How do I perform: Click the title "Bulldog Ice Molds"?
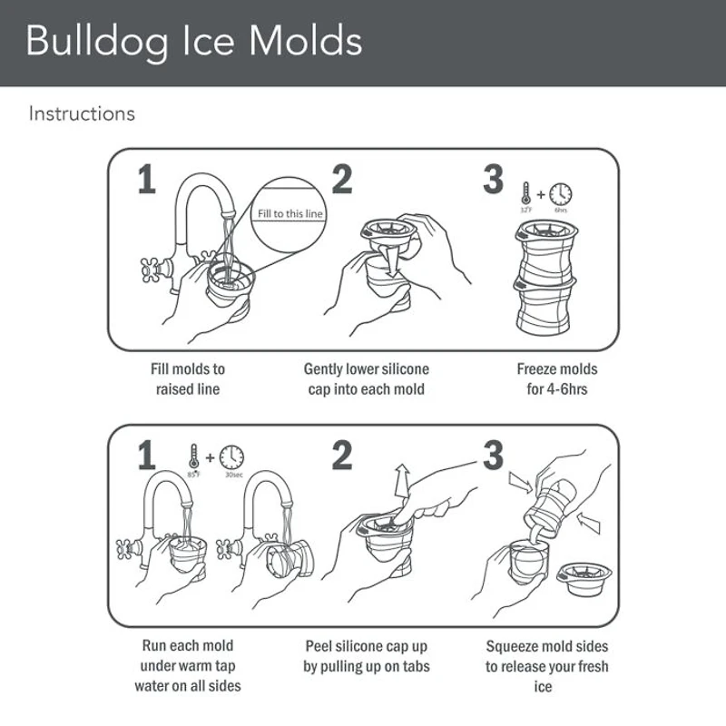[194, 42]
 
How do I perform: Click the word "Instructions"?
[82, 114]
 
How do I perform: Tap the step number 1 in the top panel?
[147, 180]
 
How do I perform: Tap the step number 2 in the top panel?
[341, 180]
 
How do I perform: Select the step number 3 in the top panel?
[493, 180]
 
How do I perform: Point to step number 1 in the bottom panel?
[147, 456]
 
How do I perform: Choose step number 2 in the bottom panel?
[341, 456]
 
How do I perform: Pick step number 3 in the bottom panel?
[493, 456]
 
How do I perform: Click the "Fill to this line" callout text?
[290, 214]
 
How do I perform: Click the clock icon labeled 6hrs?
[561, 194]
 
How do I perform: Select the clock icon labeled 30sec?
[231, 456]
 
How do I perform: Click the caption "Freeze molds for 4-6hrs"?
[556, 379]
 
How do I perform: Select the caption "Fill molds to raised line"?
[187, 379]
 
